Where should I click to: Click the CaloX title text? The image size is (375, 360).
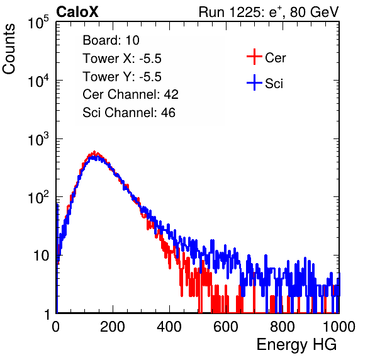coord(77,12)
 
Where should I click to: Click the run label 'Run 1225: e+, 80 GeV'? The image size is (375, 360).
coord(269,12)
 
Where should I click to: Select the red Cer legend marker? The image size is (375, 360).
coord(254,57)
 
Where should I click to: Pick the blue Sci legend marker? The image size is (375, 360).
coord(254,83)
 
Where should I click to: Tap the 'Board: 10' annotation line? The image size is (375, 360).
coord(111,40)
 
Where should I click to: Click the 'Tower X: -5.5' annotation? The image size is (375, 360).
coord(122,59)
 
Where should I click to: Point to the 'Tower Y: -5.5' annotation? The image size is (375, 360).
coord(122,77)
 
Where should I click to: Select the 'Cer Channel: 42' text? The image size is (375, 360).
coord(131,94)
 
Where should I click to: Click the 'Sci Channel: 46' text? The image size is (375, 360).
coord(129,113)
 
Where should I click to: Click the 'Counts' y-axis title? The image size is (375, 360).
coord(9,48)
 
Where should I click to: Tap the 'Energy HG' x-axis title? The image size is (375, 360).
coord(296,345)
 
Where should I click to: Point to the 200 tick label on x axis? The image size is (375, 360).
coord(113,327)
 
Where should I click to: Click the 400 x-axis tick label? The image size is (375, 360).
coord(169,327)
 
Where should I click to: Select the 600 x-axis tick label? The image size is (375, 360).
coord(226,327)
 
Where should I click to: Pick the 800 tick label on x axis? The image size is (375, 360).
coord(283,327)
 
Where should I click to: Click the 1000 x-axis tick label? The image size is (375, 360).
coord(339,327)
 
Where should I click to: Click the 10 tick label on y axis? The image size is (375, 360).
coord(42,256)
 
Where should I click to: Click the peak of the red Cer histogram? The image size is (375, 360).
coord(94,152)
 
